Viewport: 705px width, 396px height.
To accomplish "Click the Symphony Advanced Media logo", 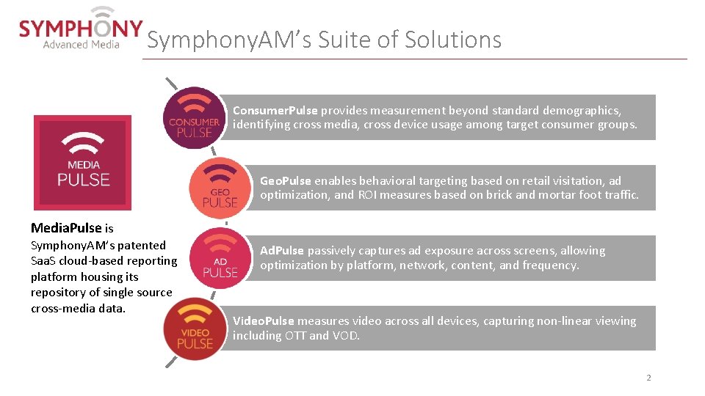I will tap(81, 29).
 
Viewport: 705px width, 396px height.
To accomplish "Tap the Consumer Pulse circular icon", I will tap(194, 118).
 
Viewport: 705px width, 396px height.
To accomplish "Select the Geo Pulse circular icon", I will tap(220, 188).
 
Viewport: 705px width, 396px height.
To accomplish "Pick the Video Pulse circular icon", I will tap(194, 328).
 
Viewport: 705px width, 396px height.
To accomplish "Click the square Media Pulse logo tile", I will tap(83, 163).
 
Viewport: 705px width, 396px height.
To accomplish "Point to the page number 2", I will tap(648, 378).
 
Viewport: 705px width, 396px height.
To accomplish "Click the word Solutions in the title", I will tap(454, 40).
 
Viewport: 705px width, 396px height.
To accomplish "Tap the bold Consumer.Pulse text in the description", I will tap(275, 111).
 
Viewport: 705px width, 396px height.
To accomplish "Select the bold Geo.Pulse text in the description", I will tap(286, 180).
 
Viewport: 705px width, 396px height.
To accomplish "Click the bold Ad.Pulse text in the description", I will tap(283, 251).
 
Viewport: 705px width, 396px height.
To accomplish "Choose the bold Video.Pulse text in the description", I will tap(263, 321).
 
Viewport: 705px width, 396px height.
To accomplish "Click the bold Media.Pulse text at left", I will tap(67, 228).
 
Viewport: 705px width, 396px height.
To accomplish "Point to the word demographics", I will tap(583, 111).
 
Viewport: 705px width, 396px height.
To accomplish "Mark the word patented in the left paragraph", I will tap(142, 246).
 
